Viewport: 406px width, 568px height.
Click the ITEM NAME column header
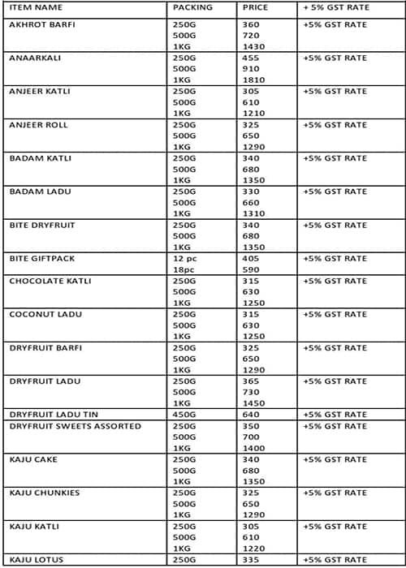point(35,7)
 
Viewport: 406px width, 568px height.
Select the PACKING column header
point(192,7)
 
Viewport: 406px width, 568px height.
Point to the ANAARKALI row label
point(32,58)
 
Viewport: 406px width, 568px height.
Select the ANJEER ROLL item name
point(38,125)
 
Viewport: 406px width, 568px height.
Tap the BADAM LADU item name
point(38,191)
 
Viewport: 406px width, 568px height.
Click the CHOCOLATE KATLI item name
point(50,281)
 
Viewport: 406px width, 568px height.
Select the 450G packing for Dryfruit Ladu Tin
point(184,415)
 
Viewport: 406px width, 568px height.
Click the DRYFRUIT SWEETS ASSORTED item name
point(75,426)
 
